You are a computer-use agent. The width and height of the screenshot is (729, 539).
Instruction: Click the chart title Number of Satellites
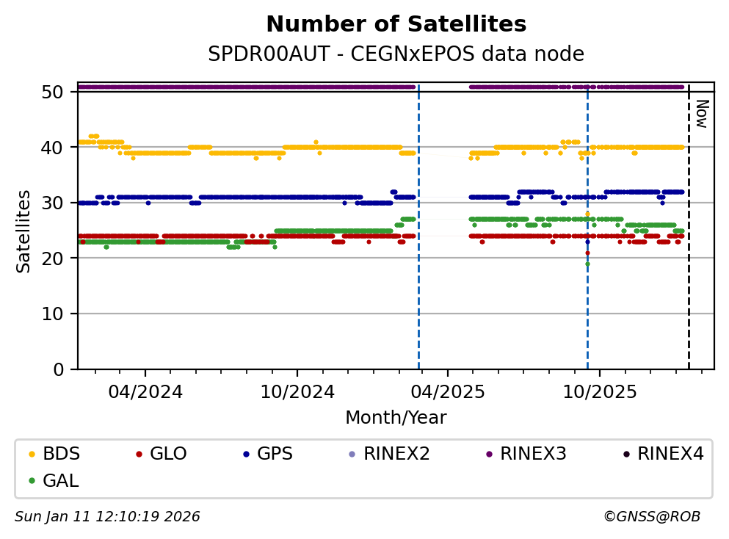point(396,24)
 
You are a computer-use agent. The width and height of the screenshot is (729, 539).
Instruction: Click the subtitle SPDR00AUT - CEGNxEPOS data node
point(396,54)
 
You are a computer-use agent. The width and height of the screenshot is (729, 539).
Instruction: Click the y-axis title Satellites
point(24,231)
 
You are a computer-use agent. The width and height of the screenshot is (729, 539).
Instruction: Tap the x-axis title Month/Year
point(396,418)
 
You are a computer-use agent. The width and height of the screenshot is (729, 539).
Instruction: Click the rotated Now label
point(701,113)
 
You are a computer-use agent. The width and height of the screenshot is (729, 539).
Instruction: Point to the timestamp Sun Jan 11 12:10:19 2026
point(107,517)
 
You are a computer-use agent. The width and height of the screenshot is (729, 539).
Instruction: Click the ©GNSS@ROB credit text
point(651,517)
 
